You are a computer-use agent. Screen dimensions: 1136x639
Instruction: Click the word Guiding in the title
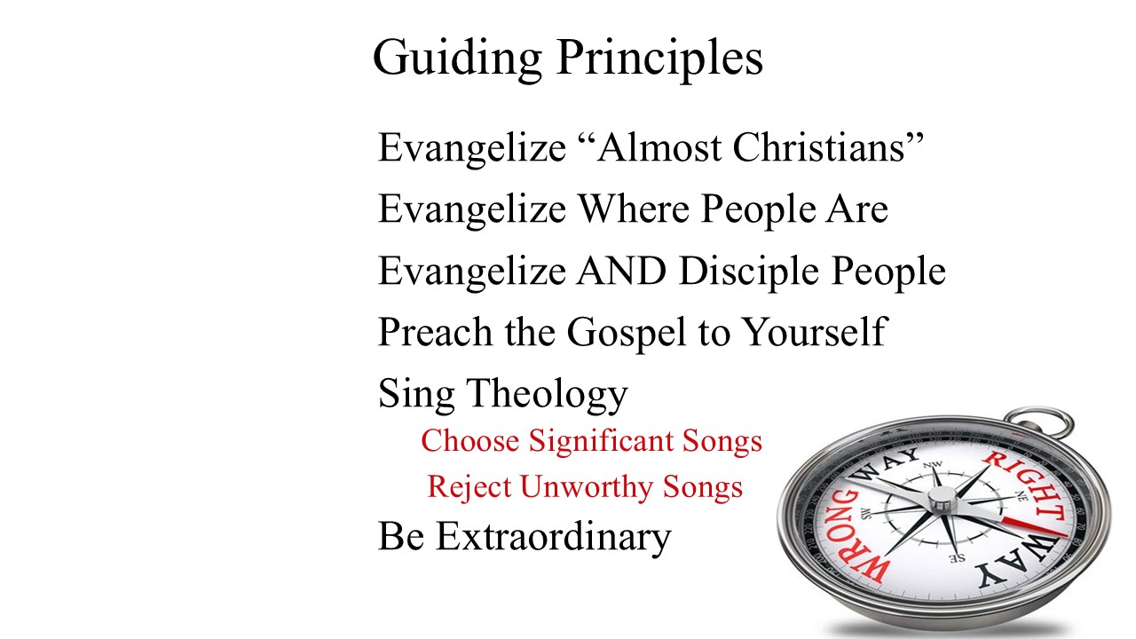[457, 59]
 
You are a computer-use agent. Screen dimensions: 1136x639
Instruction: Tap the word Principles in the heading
[659, 59]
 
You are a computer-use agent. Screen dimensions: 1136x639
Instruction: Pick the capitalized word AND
[621, 271]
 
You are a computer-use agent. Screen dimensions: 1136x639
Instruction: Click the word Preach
[435, 332]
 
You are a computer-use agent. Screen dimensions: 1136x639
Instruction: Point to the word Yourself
[815, 332]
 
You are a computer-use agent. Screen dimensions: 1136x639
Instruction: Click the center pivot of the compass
[943, 499]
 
